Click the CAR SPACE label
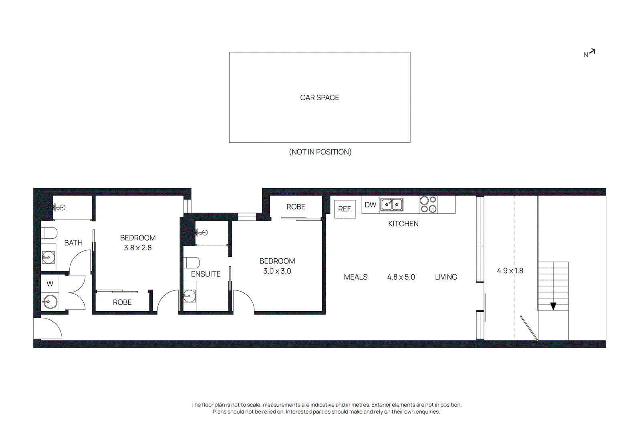click(319, 97)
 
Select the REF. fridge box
click(345, 209)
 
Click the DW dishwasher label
click(370, 205)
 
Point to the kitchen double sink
click(391, 205)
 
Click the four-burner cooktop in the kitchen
click(428, 205)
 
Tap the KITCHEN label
click(403, 224)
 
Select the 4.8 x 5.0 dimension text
click(401, 277)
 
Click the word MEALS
click(355, 277)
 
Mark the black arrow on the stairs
click(553, 306)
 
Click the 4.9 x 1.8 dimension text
click(510, 271)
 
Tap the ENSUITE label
click(206, 274)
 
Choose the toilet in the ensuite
click(191, 263)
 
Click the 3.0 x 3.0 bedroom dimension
click(277, 271)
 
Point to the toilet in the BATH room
click(49, 233)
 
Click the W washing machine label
click(50, 284)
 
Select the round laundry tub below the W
click(50, 301)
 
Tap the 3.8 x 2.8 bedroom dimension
click(137, 248)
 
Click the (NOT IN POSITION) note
click(320, 152)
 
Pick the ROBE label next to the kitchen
click(296, 207)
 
